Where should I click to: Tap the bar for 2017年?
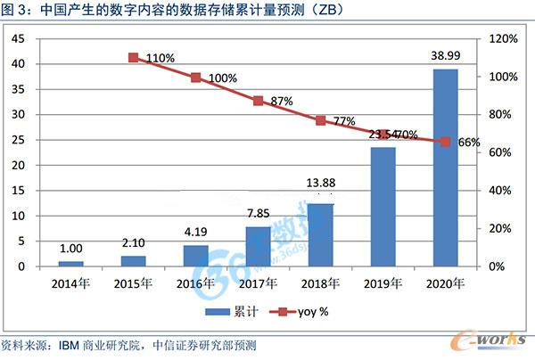point(258,246)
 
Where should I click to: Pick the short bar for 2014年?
point(70,264)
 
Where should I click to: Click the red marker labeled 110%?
point(133,57)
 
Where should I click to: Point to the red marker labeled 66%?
point(445,142)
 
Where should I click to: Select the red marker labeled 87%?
point(258,101)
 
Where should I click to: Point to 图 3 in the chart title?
point(14,10)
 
